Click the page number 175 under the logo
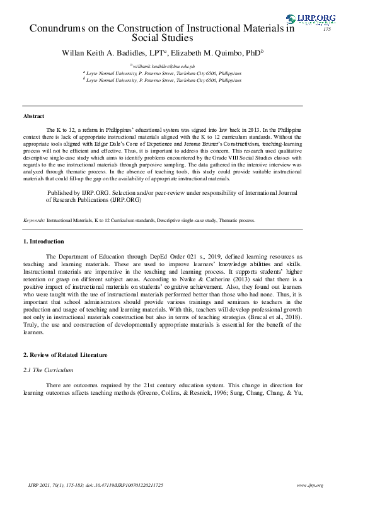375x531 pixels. tap(326, 30)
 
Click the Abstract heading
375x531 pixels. tap(34, 117)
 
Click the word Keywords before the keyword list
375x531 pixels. tap(33, 221)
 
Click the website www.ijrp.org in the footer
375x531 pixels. tap(309, 485)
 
